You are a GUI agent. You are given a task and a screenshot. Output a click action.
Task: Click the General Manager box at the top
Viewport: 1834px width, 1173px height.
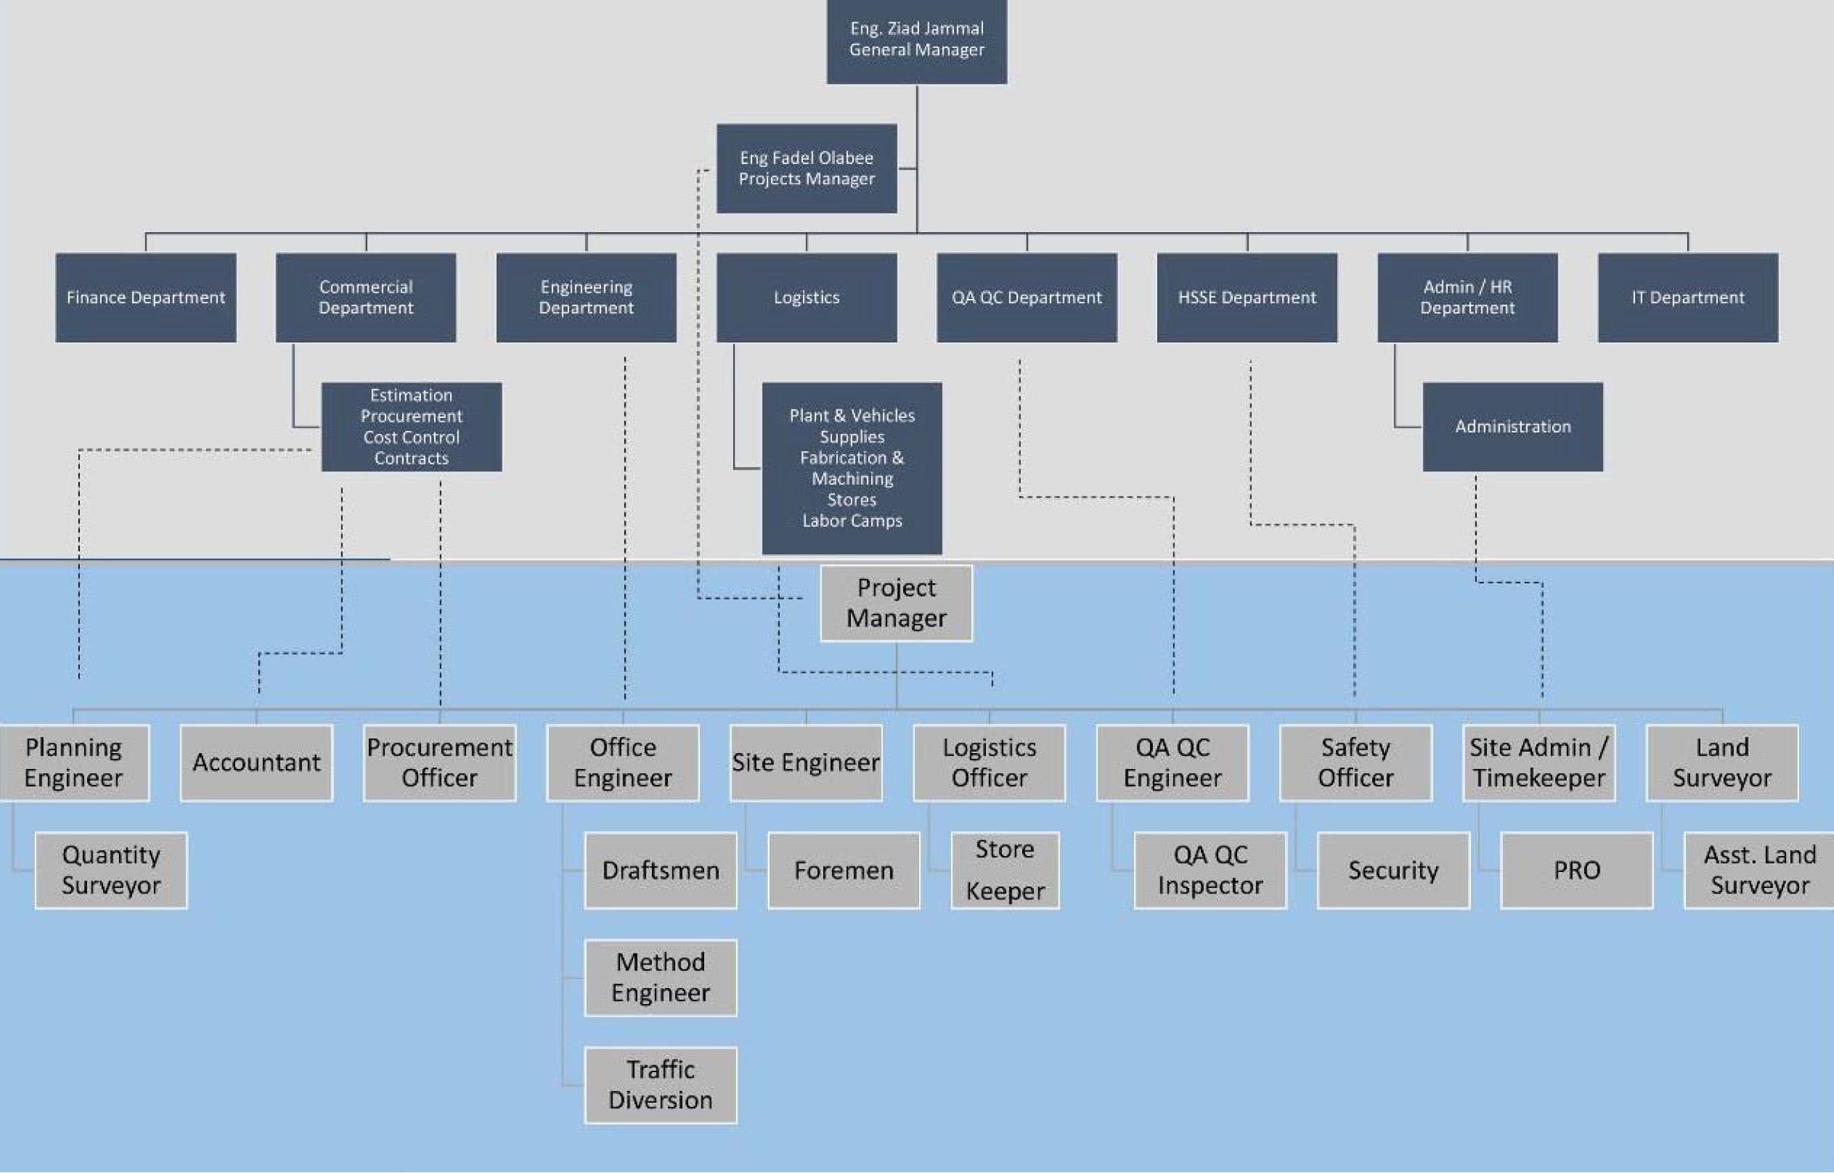coord(916,40)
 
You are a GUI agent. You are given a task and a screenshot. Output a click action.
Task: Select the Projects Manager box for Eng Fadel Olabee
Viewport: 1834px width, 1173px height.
coord(806,168)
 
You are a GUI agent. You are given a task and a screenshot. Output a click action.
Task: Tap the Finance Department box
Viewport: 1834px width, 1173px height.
coord(145,297)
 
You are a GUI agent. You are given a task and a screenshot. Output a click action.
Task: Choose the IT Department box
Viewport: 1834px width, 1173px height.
coord(1688,297)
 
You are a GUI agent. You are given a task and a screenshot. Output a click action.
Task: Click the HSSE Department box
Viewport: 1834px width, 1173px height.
coord(1247,297)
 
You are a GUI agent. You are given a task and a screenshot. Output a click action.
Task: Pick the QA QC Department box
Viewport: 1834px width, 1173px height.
coord(1026,297)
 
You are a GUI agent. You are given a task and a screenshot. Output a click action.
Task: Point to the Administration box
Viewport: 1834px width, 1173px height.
coord(1513,426)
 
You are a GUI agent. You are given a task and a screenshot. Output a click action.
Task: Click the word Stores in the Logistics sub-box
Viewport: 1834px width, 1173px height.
coord(852,500)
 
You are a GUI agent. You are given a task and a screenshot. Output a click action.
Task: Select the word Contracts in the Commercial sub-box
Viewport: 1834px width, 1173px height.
coord(411,458)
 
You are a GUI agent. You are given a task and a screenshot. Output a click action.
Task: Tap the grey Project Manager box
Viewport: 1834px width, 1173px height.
coord(896,604)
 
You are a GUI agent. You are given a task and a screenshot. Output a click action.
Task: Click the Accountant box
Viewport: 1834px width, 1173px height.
coord(256,763)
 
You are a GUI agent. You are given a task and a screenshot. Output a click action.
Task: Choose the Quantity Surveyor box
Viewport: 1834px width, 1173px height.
coord(111,870)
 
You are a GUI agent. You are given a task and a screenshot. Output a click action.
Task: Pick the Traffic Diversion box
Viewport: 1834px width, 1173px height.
coord(660,1085)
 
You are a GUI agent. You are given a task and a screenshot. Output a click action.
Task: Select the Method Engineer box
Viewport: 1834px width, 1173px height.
coord(660,977)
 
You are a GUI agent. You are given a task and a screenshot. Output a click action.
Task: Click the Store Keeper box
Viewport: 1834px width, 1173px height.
coord(1005,870)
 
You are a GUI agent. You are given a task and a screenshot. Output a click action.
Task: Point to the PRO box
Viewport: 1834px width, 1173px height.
coord(1577,870)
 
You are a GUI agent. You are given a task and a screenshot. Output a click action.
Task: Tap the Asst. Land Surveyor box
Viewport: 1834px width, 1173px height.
coord(1759,870)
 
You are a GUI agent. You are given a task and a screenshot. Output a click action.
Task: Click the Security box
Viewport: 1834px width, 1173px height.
coord(1393,870)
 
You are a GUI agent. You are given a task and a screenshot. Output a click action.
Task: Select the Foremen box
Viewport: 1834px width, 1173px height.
coord(843,870)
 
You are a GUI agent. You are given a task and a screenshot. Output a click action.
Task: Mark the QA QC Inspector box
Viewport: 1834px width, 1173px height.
coord(1210,870)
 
